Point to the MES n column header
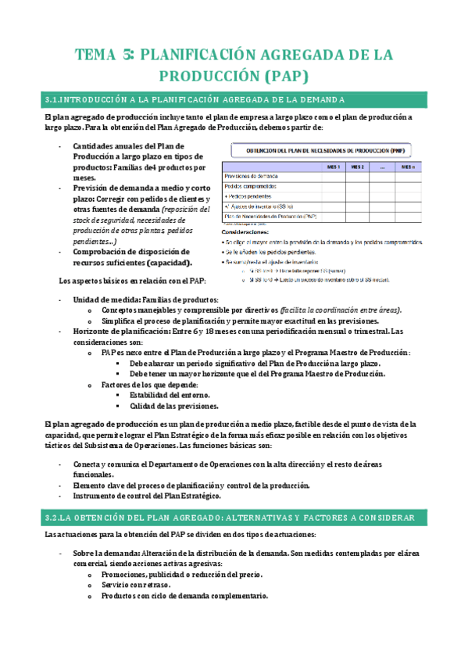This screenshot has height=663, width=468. [408, 167]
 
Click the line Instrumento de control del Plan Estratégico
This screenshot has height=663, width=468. [148, 496]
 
